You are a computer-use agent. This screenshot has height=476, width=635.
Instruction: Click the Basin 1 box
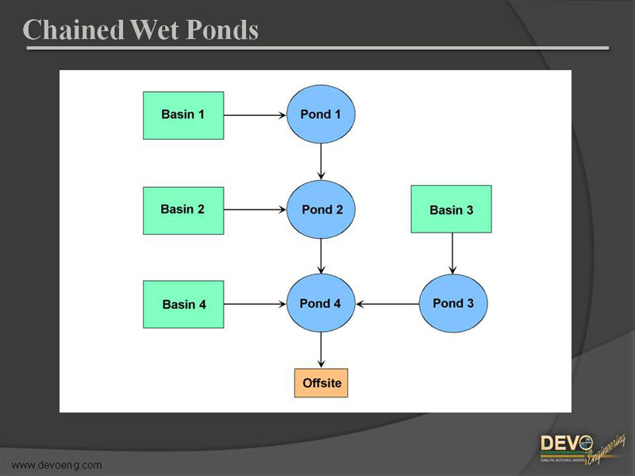(183, 115)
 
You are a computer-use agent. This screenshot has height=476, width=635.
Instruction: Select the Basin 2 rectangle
(183, 210)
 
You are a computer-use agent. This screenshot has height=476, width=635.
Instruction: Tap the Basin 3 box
(451, 209)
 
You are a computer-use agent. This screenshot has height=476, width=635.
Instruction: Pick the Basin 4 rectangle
(183, 304)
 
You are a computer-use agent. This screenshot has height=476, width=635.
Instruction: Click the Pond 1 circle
(321, 114)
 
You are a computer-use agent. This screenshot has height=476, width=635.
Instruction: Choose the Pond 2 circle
(321, 209)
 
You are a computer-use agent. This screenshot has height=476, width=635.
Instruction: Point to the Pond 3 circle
(452, 303)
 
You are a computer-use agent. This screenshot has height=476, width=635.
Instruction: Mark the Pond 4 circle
(321, 303)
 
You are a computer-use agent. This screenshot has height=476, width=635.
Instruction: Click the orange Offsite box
(321, 383)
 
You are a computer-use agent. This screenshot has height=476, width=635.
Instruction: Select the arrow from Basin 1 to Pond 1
(255, 115)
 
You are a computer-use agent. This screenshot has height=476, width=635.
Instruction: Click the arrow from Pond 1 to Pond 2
(321, 162)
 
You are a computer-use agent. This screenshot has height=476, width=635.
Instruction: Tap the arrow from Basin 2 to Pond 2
(255, 210)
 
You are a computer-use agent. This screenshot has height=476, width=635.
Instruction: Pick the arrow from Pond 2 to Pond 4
(321, 256)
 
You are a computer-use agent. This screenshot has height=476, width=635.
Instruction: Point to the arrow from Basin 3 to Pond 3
(452, 253)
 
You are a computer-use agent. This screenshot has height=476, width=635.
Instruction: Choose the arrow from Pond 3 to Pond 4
(387, 303)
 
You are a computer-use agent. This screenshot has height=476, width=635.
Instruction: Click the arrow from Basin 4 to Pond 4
(255, 303)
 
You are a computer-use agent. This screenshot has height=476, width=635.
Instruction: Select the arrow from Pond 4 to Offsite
(321, 350)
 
